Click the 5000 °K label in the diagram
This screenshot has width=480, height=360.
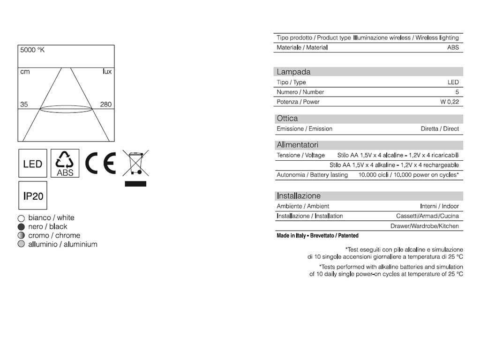coord(32,50)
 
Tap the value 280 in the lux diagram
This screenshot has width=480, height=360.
coord(106,104)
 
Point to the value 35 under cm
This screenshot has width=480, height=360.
coord(24,104)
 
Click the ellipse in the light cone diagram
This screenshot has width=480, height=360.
coord(66,109)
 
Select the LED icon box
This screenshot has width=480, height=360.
coord(33,164)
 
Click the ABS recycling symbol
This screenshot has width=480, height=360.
coord(65,164)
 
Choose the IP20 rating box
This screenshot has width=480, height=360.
coord(33,195)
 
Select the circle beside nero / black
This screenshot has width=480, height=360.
coord(21,226)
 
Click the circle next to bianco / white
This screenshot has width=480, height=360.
coord(21,218)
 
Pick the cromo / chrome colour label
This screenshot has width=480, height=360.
coord(54,235)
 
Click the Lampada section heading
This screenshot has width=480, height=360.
coord(293,72)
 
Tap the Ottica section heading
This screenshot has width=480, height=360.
coord(287,119)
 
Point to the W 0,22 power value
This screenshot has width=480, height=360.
coord(449,102)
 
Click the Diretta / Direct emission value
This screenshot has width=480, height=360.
coord(440,128)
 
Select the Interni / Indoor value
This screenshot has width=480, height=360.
coord(439,206)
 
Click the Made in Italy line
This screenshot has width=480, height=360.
coord(317,235)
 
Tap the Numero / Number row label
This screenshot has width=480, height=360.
coord(300,92)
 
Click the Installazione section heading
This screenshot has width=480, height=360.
coord(299,196)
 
